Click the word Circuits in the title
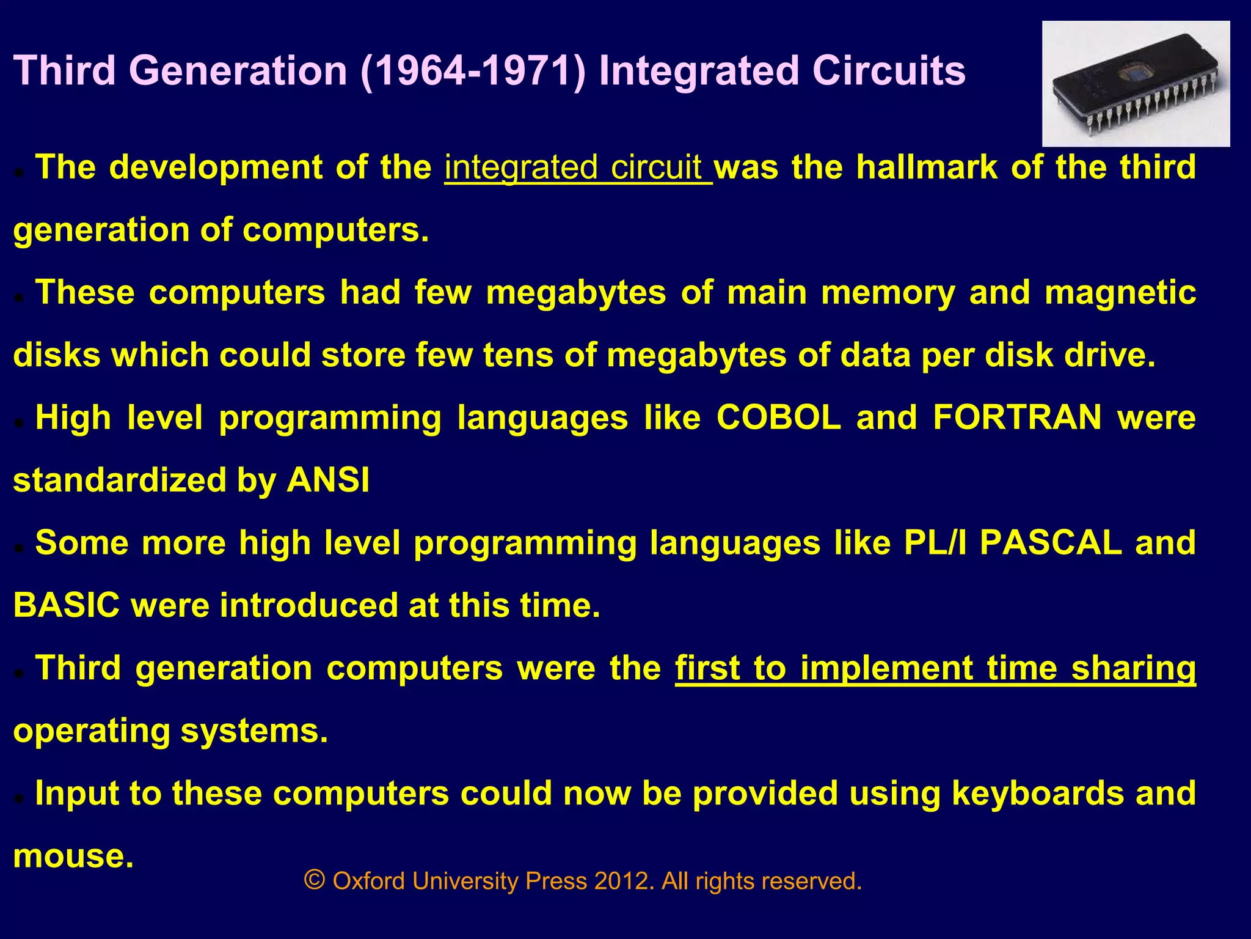(x=889, y=71)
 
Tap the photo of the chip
(x=1136, y=84)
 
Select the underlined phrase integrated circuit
(x=577, y=168)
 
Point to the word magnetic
(x=1120, y=293)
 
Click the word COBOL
(x=779, y=418)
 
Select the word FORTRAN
(x=1017, y=418)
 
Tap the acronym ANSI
(x=328, y=481)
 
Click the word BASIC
(x=67, y=605)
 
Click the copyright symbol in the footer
(x=314, y=880)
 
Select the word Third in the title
(x=65, y=71)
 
